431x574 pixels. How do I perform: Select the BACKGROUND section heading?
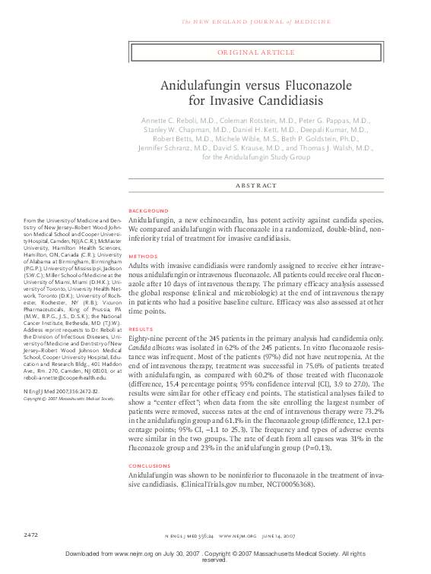[148, 210]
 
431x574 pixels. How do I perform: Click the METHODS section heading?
[143, 257]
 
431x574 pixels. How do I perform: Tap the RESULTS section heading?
[141, 330]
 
